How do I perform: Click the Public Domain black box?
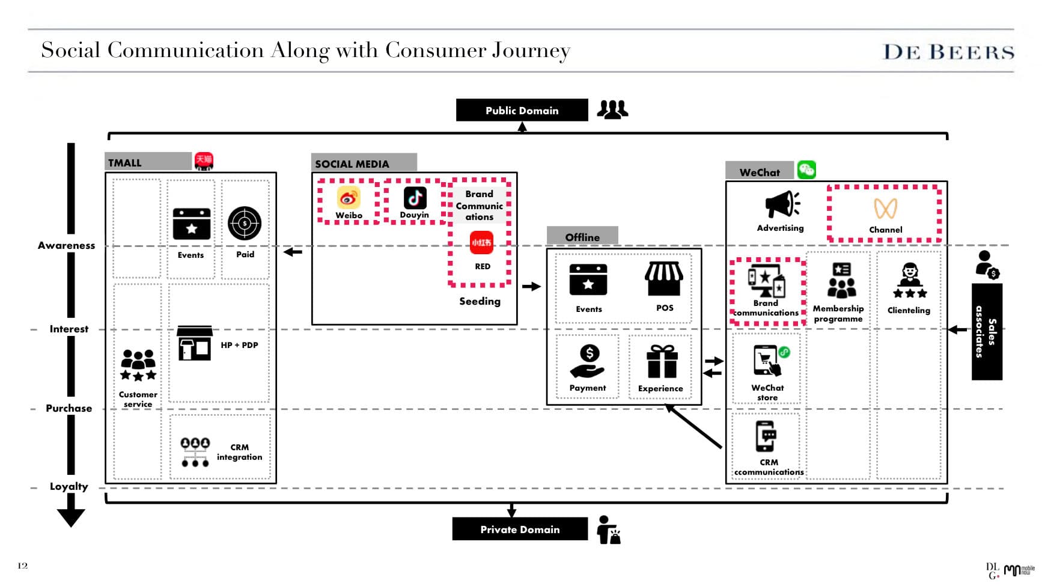pos(522,110)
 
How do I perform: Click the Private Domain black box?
pos(520,529)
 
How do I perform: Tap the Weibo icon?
pos(349,198)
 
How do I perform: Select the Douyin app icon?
pos(415,198)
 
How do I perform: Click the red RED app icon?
pos(481,242)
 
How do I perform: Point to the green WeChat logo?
pos(806,170)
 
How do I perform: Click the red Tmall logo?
pos(204,160)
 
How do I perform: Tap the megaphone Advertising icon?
pos(781,204)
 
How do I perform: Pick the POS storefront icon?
pos(664,279)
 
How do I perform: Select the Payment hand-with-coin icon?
pos(588,361)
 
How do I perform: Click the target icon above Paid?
pos(245,223)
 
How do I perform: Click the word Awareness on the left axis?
pos(66,245)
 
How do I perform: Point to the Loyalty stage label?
pos(69,486)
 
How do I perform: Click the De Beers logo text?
pos(948,52)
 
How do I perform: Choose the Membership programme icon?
pos(841,280)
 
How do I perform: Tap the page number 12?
pos(23,566)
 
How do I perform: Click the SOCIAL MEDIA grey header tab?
pos(364,163)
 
